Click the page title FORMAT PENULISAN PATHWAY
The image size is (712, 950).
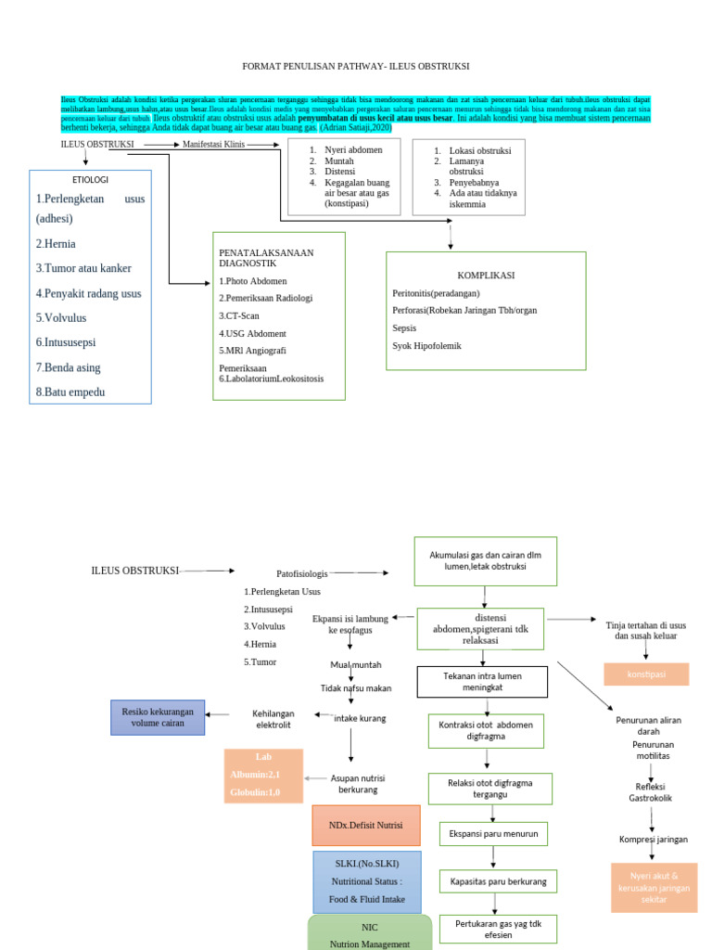(x=355, y=67)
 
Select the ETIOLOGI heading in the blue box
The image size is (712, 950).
(x=90, y=179)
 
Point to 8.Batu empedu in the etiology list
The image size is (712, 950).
(x=70, y=392)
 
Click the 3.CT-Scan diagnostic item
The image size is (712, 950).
(x=239, y=315)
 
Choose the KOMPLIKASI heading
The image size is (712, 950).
(x=485, y=276)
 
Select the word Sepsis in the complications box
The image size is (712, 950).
(x=404, y=327)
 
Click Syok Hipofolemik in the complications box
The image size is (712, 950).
(x=427, y=345)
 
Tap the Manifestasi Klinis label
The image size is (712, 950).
(x=213, y=145)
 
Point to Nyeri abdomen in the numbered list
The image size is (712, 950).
(x=348, y=149)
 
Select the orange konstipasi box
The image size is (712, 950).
(x=646, y=674)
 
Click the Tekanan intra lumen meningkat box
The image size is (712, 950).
(x=482, y=682)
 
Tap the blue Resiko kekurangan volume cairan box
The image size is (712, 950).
(x=158, y=717)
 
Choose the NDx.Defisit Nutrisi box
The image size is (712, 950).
(x=365, y=825)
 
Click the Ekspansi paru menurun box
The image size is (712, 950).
(x=492, y=834)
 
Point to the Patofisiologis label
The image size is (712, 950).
(x=302, y=573)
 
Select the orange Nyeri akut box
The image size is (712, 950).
(x=654, y=887)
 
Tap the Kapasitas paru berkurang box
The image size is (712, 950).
(x=498, y=881)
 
